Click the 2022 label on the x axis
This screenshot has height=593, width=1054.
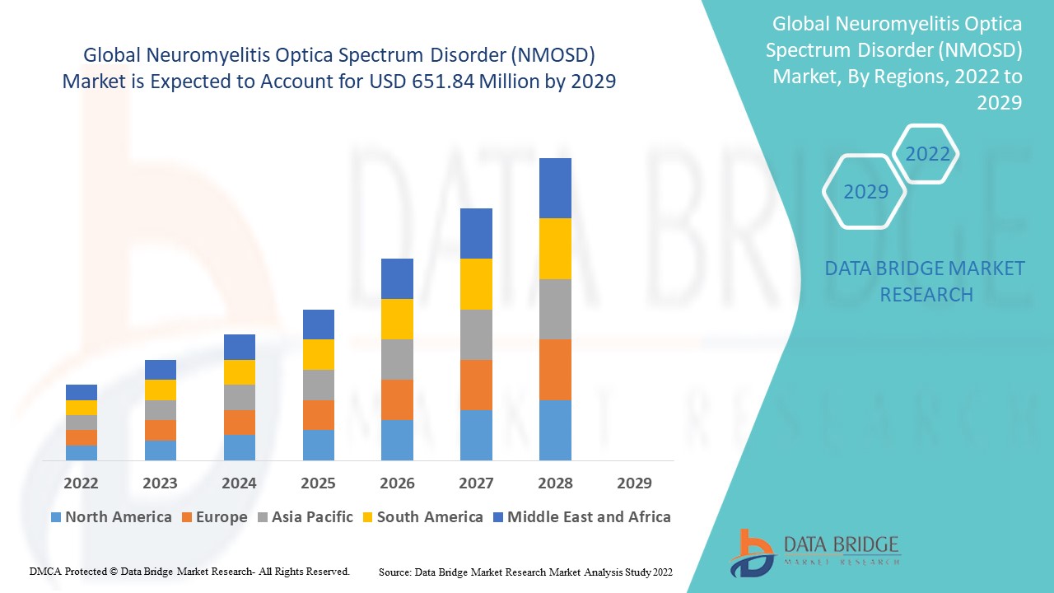pyautogui.click(x=81, y=483)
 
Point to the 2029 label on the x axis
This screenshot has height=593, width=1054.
pyautogui.click(x=634, y=483)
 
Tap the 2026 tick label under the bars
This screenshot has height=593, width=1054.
pyautogui.click(x=397, y=483)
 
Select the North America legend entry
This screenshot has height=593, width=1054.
pyautogui.click(x=110, y=517)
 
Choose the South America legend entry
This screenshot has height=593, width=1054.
pyautogui.click(x=421, y=517)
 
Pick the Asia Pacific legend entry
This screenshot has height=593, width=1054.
pyautogui.click(x=305, y=517)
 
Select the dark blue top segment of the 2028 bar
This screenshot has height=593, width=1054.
pyautogui.click(x=555, y=188)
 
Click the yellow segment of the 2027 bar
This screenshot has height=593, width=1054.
pyautogui.click(x=476, y=284)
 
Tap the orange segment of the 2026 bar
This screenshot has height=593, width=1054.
pyautogui.click(x=397, y=399)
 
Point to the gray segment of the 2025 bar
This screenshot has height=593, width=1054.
pyautogui.click(x=318, y=385)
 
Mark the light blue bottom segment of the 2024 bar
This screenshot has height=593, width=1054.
pyautogui.click(x=239, y=447)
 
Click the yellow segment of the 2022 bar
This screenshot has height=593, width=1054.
pyautogui.click(x=81, y=408)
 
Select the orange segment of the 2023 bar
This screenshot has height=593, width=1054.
pyautogui.click(x=160, y=430)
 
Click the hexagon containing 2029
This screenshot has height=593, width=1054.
pyautogui.click(x=865, y=191)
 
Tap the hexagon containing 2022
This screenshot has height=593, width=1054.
pyautogui.click(x=927, y=154)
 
